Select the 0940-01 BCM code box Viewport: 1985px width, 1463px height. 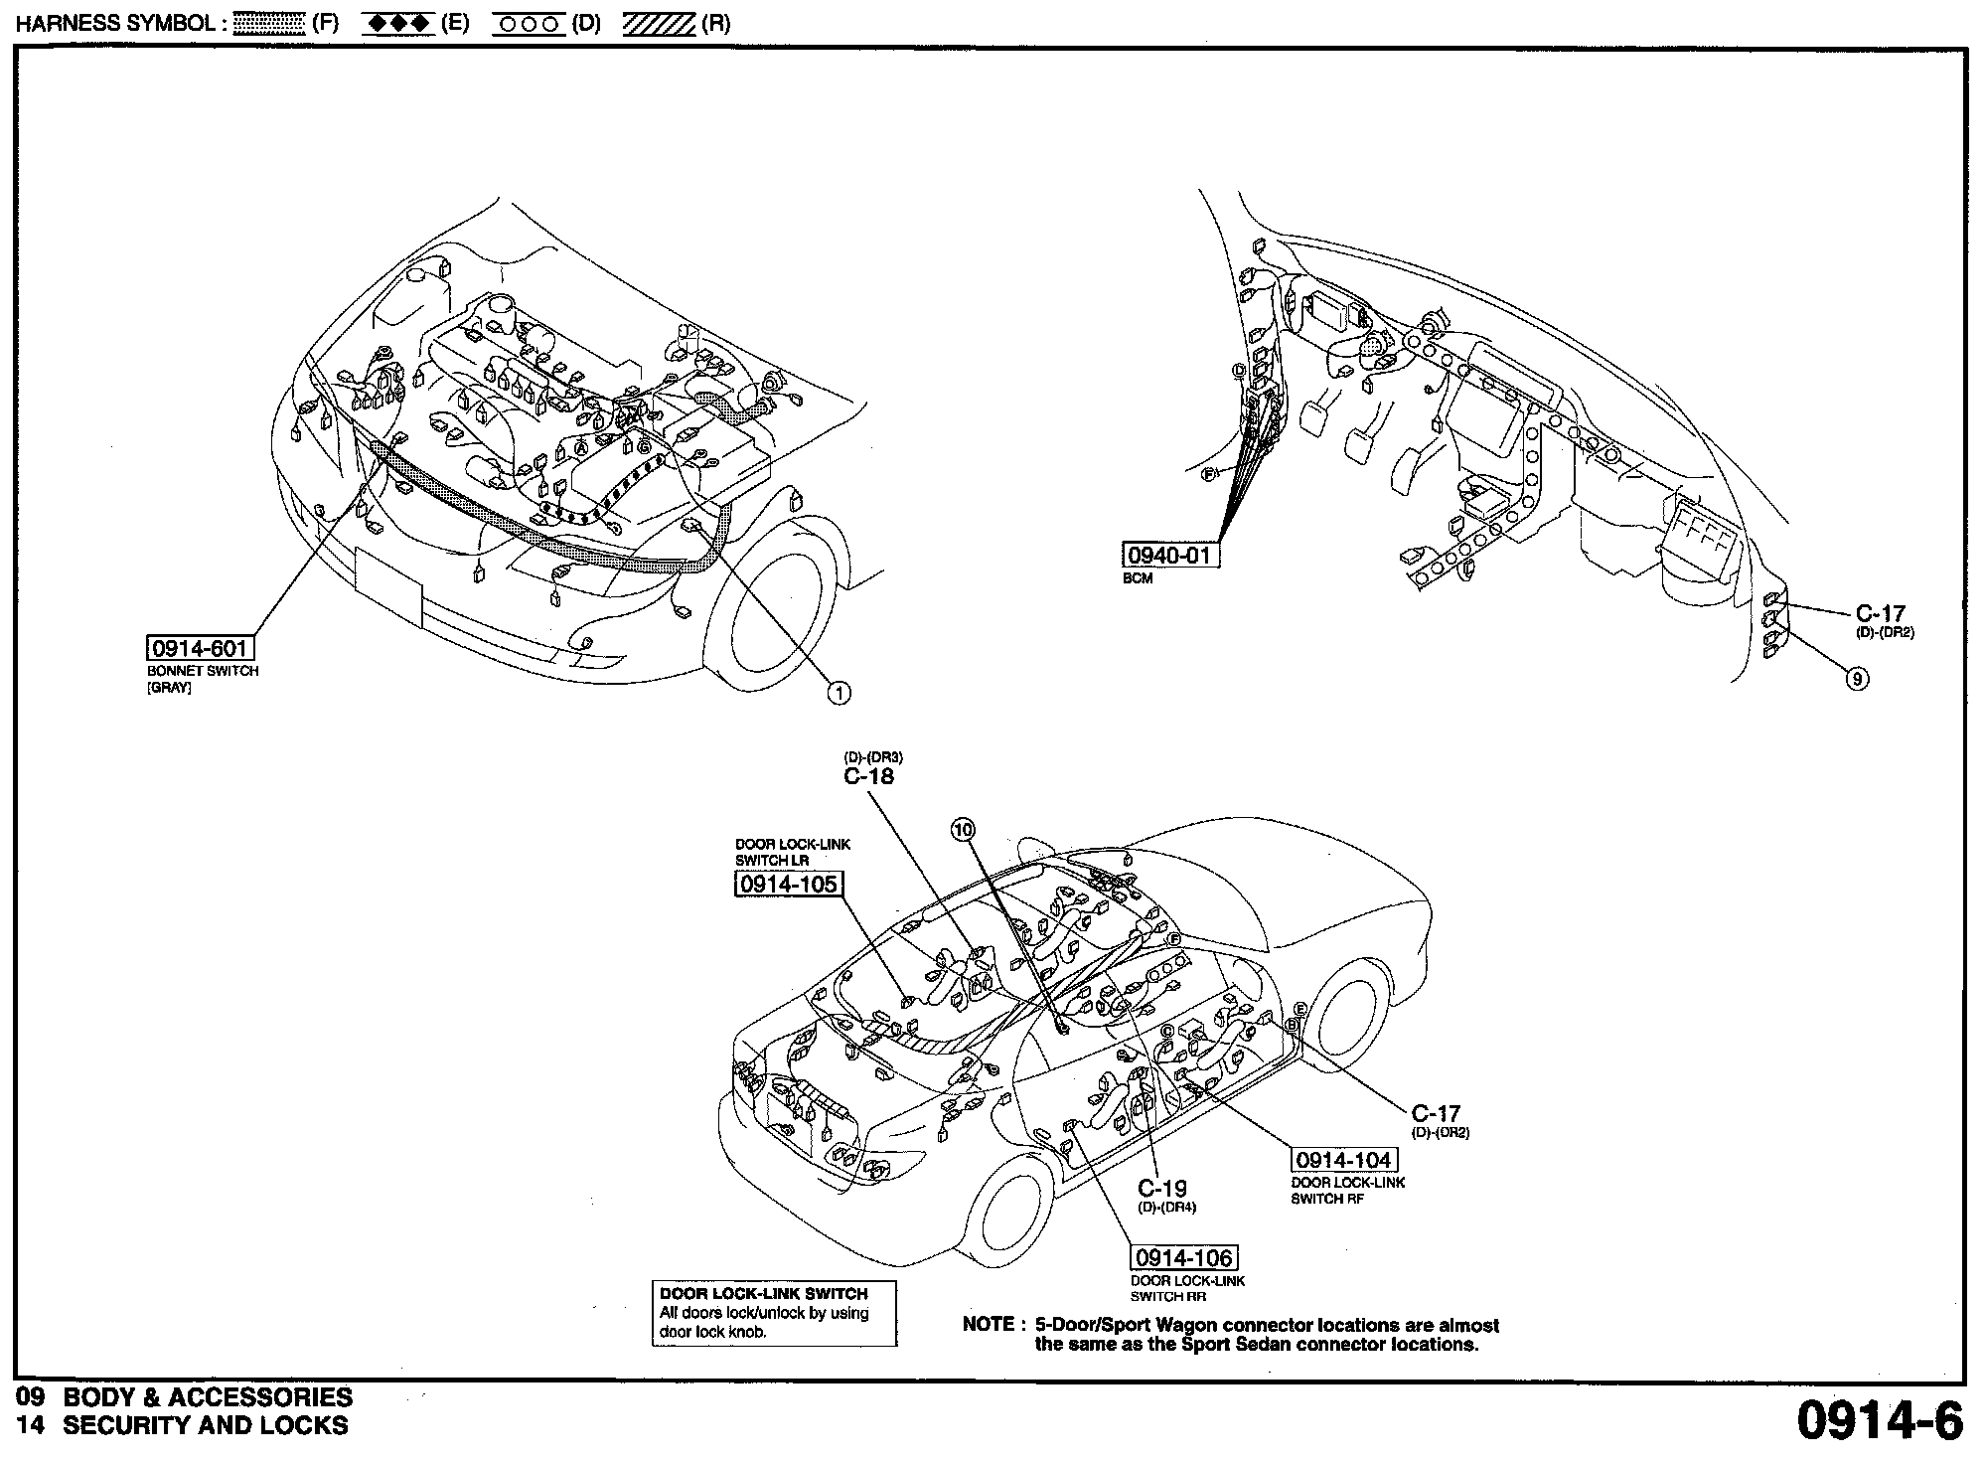(x=1170, y=555)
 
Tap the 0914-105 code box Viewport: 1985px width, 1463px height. (x=787, y=884)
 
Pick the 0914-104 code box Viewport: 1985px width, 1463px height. (x=1343, y=1160)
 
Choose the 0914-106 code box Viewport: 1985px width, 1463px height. (x=1183, y=1257)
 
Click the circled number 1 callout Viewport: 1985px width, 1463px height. (x=840, y=693)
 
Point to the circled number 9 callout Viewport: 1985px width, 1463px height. (x=1856, y=679)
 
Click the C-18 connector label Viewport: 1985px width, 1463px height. (x=868, y=777)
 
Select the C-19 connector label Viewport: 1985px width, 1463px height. (x=1161, y=1188)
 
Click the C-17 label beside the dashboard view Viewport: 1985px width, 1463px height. (x=1880, y=614)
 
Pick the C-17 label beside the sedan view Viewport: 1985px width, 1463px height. (x=1436, y=1114)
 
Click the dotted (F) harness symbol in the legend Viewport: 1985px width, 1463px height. (x=268, y=24)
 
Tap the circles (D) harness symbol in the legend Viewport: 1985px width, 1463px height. (x=528, y=24)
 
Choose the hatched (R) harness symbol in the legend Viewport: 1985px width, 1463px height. (x=659, y=24)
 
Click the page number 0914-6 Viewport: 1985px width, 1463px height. (x=1880, y=1421)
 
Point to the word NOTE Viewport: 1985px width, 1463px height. (x=988, y=1325)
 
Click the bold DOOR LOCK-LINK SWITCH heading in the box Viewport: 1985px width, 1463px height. (x=763, y=1294)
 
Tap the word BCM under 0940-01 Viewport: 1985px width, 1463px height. (x=1138, y=578)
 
